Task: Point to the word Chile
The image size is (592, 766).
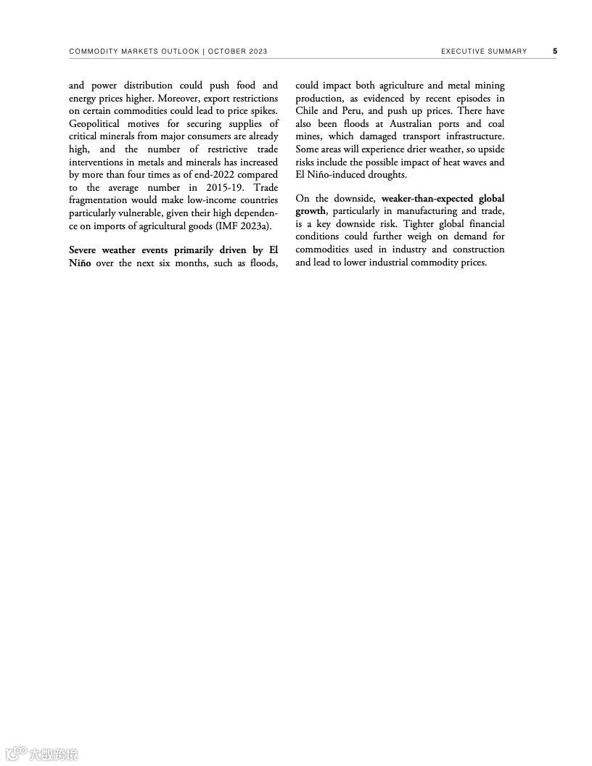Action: [308, 111]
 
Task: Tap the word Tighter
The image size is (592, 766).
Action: [419, 223]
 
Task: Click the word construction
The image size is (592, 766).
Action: [478, 250]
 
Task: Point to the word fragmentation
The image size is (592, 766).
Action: [98, 200]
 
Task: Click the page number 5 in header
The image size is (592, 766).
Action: [555, 52]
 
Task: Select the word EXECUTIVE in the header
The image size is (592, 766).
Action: [465, 52]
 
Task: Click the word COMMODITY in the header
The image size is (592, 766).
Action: [94, 52]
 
